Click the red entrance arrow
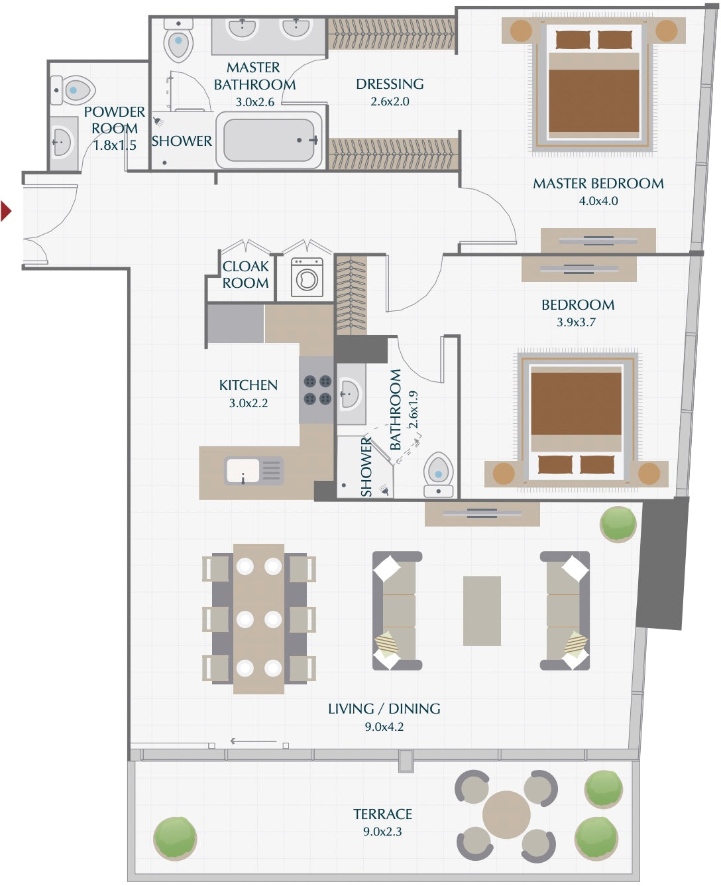[5, 211]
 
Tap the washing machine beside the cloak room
[307, 277]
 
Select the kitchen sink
[254, 471]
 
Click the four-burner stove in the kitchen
[317, 390]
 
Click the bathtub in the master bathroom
[269, 140]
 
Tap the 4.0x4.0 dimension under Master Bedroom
[598, 201]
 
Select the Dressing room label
[390, 84]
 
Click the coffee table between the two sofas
[482, 611]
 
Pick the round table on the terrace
[506, 814]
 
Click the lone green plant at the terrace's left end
[175, 838]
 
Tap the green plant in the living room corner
[618, 524]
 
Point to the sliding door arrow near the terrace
[254, 741]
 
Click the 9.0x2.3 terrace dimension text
[382, 831]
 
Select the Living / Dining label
[384, 708]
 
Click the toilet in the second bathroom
[439, 474]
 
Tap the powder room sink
[63, 143]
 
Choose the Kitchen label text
[249, 385]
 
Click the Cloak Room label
[246, 275]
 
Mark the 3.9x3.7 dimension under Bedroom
[576, 322]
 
